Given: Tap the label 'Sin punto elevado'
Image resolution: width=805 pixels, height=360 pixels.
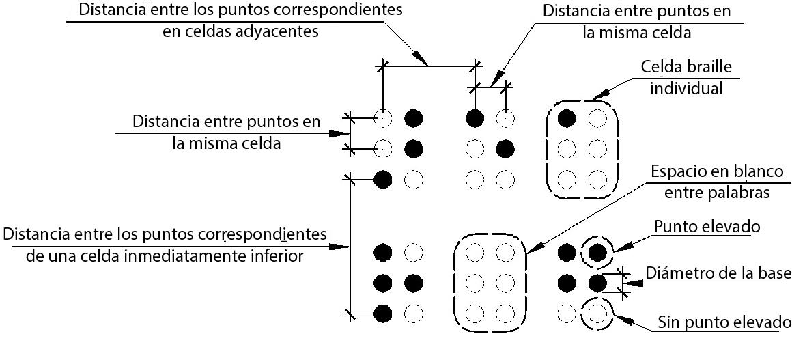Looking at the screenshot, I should click(x=725, y=322).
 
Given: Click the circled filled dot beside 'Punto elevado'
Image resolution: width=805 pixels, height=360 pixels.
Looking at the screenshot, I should click(x=597, y=252).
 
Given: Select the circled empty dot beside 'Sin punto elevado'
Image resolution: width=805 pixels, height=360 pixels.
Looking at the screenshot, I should click(x=597, y=314).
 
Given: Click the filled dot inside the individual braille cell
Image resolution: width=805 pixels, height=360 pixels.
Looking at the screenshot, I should click(x=566, y=118).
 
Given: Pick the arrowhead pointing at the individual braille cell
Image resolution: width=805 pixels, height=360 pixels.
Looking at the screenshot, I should click(x=597, y=98).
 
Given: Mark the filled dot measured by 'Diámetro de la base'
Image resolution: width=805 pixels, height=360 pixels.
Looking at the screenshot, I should click(x=597, y=282).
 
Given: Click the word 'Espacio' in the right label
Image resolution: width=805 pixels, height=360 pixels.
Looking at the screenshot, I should click(x=677, y=171).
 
